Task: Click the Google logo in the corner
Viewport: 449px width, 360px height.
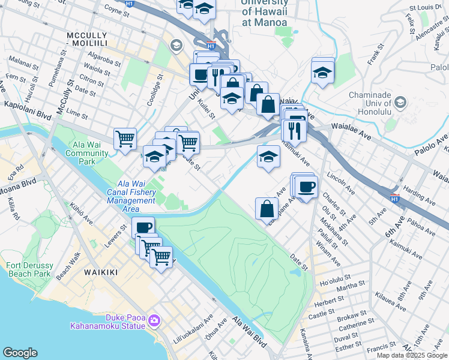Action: pos(20,353)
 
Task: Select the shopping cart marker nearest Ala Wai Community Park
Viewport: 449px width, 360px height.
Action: pos(125,139)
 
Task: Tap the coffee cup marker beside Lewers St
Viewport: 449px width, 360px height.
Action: pos(143,227)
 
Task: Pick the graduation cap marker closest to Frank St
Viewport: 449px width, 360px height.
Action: pos(323,73)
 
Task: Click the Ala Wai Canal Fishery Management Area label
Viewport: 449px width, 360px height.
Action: pos(131,192)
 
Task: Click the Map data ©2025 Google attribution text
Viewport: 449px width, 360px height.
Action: pos(412,355)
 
